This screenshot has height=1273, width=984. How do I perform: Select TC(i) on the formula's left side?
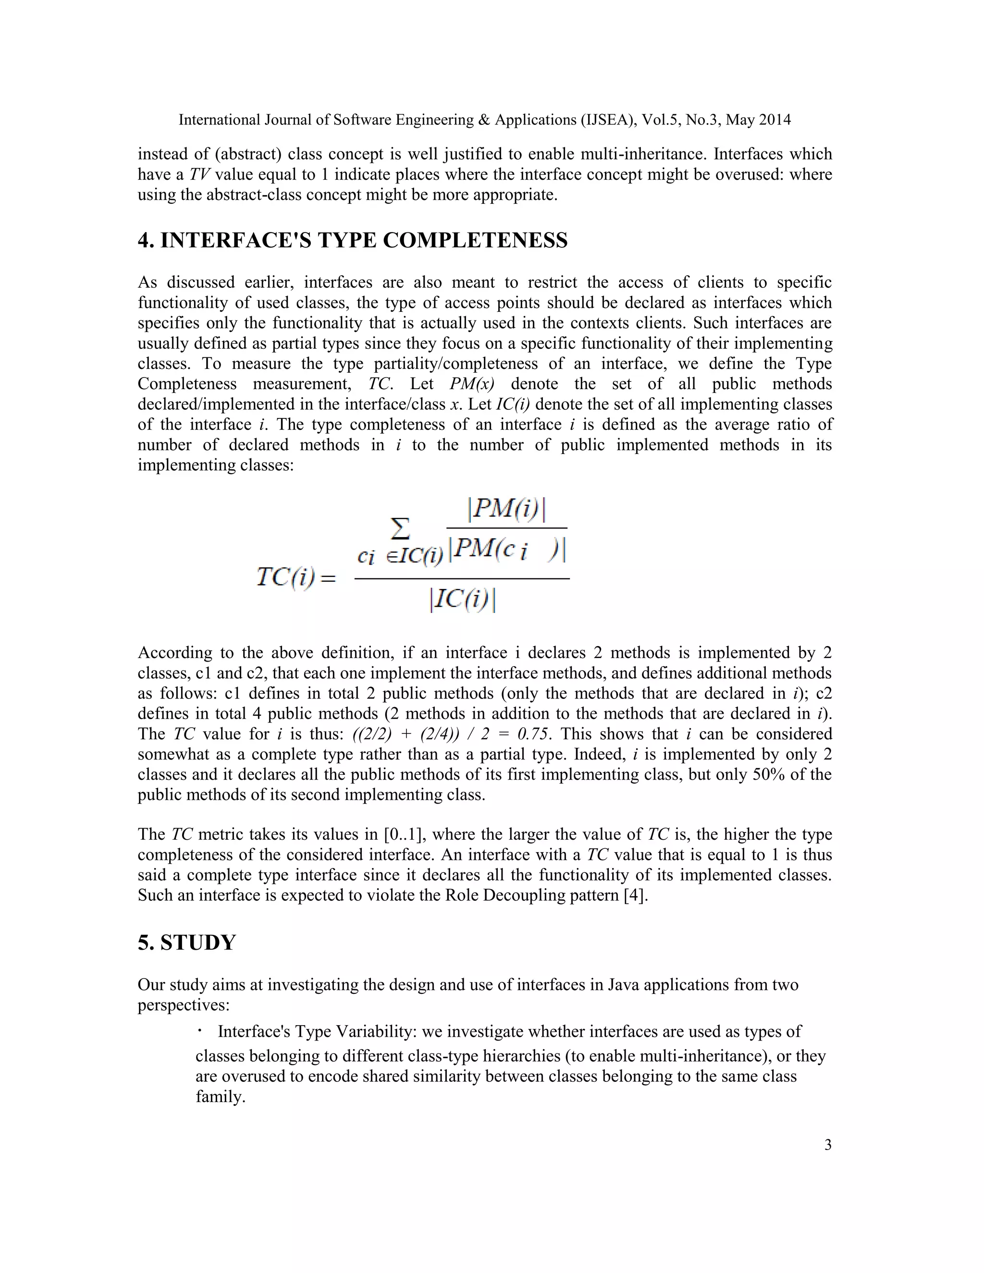click(x=296, y=577)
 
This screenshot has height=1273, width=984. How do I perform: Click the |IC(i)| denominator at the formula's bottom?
click(x=463, y=600)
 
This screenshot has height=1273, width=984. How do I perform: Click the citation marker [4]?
click(x=635, y=895)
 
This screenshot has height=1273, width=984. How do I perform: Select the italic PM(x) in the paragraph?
click(x=472, y=384)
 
